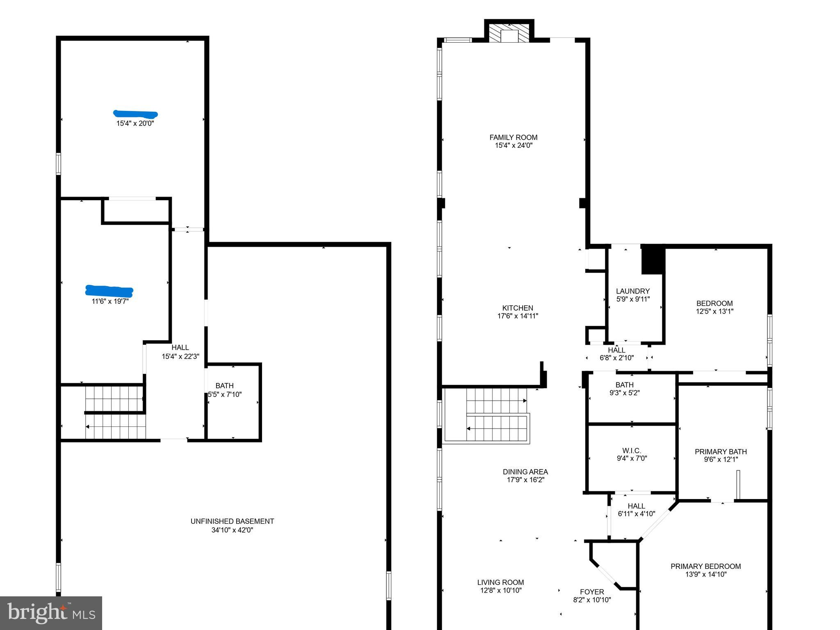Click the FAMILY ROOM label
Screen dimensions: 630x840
(513, 137)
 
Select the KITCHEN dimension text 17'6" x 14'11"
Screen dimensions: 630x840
(518, 316)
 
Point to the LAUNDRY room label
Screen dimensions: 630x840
(632, 291)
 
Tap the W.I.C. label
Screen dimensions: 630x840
(631, 451)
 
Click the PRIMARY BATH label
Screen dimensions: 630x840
(720, 451)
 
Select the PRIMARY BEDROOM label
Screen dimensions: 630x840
(705, 566)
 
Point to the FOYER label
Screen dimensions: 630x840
(592, 592)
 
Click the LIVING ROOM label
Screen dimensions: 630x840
(500, 582)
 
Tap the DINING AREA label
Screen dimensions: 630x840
(525, 472)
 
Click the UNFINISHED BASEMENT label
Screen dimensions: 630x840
(232, 521)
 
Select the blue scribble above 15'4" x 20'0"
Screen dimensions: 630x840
(135, 114)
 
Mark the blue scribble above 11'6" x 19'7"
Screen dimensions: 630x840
(109, 291)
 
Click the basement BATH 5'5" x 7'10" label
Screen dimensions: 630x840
(224, 386)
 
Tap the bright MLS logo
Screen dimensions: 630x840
(51, 613)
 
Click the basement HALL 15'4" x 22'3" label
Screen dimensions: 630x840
(180, 348)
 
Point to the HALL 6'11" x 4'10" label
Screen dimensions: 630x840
(636, 506)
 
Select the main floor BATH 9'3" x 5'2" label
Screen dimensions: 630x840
(624, 385)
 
